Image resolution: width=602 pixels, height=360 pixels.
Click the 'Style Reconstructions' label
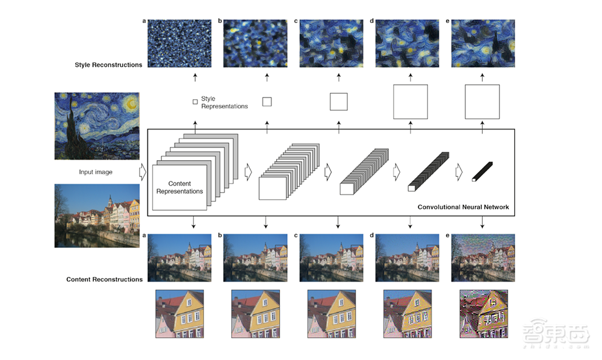tap(108, 65)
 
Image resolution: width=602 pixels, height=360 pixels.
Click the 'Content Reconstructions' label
tap(104, 279)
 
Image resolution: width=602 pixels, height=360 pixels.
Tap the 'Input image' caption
tap(96, 172)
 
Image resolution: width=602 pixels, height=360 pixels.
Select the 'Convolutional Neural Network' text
tap(463, 207)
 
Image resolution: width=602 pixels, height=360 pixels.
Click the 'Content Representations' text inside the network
tap(179, 187)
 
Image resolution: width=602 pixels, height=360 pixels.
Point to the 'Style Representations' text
tap(224, 102)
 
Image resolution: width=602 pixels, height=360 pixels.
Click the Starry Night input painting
tap(97, 126)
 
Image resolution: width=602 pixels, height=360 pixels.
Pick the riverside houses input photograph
tap(97, 216)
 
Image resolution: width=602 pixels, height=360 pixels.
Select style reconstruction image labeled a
tap(179, 43)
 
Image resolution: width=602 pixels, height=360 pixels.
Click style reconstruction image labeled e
tap(483, 43)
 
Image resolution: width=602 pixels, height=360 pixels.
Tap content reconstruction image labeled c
tap(331, 258)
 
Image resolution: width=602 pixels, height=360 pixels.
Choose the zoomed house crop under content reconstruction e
tap(484, 314)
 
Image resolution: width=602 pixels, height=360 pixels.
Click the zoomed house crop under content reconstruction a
tap(179, 314)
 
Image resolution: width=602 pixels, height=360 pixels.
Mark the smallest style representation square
tap(195, 102)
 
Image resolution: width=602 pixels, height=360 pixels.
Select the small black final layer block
tap(482, 172)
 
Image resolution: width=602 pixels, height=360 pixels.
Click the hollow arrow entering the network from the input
tap(143, 172)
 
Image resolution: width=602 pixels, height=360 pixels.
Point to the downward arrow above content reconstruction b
tap(265, 222)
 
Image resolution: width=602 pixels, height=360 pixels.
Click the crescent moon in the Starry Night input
tap(131, 104)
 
